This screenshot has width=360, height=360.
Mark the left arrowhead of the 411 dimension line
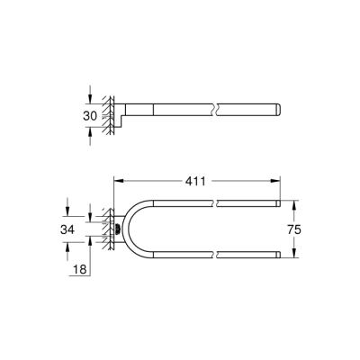point(116,181)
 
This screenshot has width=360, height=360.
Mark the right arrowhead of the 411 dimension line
point(277,181)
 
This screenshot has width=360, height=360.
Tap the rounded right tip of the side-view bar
point(279,111)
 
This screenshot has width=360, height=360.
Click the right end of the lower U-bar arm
point(278,257)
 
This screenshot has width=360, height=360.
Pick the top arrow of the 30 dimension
point(91,101)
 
